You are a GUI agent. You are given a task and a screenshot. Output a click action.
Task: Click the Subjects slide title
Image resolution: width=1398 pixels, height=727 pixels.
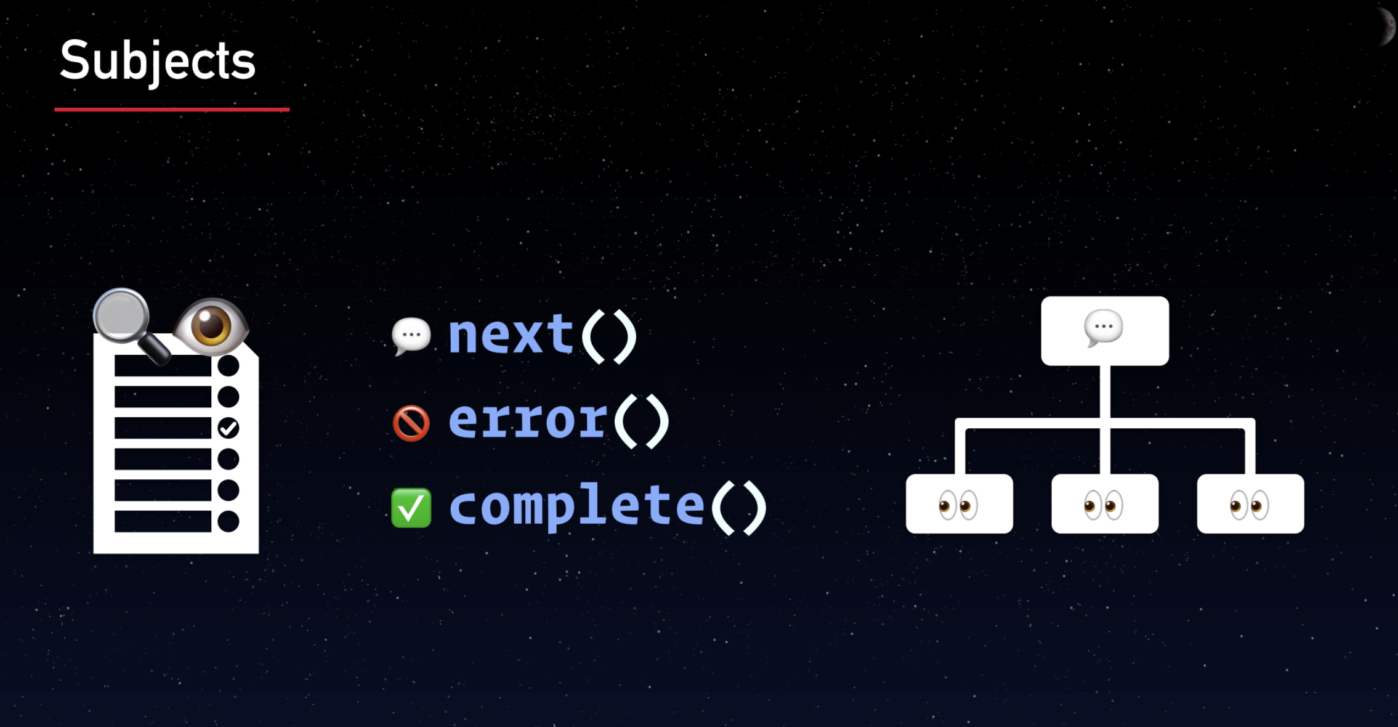[x=158, y=61]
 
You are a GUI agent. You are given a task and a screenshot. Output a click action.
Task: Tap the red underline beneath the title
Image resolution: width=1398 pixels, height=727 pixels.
[x=172, y=110]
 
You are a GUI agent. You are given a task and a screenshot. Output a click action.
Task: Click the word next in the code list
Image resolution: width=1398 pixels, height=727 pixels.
[x=511, y=335]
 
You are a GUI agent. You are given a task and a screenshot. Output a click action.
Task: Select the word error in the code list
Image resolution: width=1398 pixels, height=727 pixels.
[x=528, y=421]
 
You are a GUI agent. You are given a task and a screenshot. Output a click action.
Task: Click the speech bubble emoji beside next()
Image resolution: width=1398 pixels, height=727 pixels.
[x=411, y=335]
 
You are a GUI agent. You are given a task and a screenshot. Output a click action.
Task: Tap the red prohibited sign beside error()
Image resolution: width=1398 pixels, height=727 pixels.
[x=411, y=423]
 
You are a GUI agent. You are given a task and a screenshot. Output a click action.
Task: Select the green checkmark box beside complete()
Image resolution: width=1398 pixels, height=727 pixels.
[x=411, y=508]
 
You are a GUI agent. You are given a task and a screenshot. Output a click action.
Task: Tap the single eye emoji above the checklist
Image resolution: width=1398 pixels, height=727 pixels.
[x=211, y=327]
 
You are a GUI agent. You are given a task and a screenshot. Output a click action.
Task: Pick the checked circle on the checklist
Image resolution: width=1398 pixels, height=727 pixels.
[x=228, y=428]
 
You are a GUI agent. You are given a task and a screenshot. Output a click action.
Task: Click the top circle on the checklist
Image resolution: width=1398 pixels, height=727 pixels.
[x=228, y=366]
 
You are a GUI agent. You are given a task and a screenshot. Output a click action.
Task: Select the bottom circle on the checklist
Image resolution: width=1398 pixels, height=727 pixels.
[x=228, y=521]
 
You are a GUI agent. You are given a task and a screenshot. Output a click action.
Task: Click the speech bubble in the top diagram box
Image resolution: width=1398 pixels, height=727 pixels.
[x=1104, y=328]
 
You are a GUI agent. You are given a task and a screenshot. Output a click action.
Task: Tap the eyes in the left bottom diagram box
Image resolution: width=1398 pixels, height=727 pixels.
[x=958, y=505]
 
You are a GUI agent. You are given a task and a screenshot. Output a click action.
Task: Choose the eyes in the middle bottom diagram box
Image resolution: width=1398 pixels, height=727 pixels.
[x=1104, y=505]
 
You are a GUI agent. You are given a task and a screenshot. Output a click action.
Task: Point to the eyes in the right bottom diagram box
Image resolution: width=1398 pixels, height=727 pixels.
[x=1250, y=505]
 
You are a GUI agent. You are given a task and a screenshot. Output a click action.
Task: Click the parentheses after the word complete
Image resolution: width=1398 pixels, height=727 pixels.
[x=738, y=508]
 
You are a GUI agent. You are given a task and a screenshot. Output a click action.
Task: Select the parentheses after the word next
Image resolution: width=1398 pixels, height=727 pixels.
[x=608, y=336]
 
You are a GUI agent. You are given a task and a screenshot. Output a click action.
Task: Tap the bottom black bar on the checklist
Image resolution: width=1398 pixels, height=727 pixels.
[x=163, y=521]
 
